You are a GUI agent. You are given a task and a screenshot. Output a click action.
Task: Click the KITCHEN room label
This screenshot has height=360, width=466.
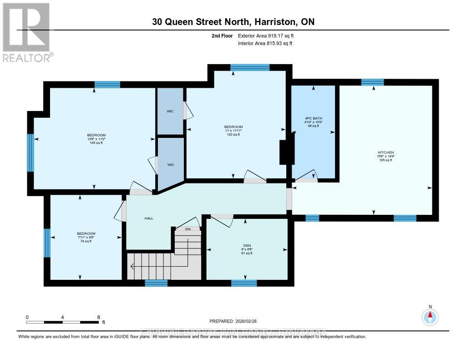[385, 152]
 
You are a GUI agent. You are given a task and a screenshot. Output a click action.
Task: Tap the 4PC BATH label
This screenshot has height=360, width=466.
[313, 118]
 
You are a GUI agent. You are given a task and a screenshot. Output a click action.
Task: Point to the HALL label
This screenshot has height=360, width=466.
[149, 218]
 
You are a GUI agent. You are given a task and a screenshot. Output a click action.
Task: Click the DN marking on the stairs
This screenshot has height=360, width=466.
[188, 229]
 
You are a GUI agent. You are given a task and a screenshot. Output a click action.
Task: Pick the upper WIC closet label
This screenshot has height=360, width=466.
[170, 111]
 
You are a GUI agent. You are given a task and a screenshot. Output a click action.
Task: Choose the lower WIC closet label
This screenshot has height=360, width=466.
[170, 165]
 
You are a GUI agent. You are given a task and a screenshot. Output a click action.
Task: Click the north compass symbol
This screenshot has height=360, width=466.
[430, 316]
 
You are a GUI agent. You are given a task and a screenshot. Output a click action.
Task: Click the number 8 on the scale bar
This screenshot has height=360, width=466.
[98, 317]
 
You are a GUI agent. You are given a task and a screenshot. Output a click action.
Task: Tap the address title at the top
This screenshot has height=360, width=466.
[233, 22]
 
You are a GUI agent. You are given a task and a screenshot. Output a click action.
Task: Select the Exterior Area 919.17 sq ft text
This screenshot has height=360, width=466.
[269, 35]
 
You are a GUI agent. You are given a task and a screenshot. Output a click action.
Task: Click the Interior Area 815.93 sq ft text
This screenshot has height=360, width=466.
[265, 43]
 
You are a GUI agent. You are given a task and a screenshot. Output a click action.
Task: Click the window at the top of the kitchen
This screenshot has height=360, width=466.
[373, 82]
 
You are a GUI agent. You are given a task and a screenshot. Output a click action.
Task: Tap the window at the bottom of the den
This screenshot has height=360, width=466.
[244, 283]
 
